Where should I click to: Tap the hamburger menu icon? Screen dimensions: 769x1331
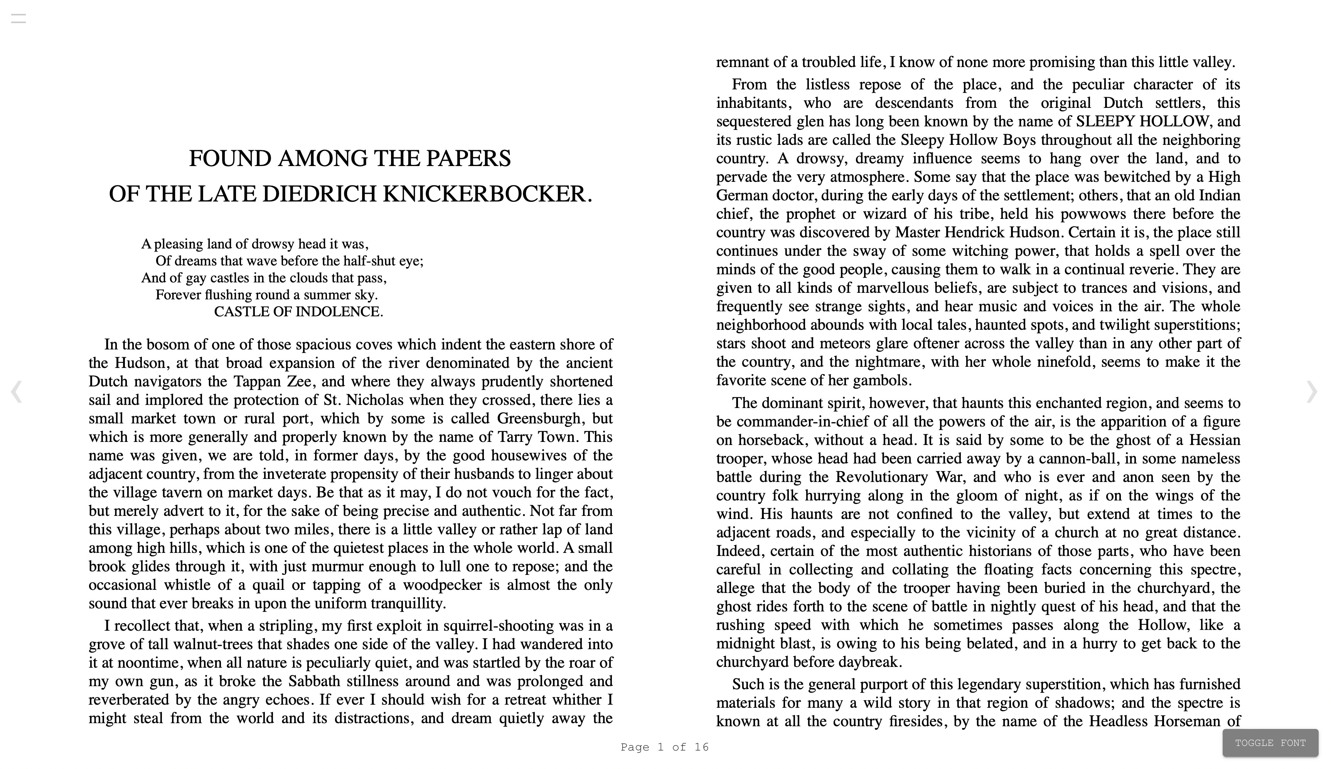point(19,19)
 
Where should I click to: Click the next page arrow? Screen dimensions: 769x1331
point(1311,391)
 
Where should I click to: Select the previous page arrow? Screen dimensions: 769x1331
point(16,391)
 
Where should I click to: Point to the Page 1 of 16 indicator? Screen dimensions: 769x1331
point(664,747)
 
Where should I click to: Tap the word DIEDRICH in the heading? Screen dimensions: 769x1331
point(320,194)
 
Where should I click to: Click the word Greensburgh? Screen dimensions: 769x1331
point(539,418)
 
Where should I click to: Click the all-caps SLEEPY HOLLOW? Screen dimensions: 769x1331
point(1142,121)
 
